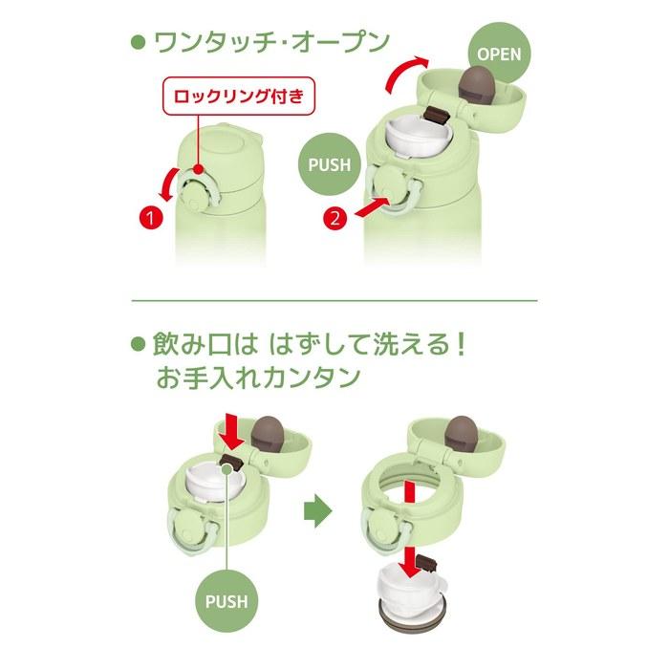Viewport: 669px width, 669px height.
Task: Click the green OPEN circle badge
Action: coord(500,54)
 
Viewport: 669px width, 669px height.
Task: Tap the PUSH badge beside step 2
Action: coord(329,164)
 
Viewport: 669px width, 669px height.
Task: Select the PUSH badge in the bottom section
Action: coord(227,601)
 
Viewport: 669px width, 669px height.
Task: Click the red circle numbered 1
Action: coord(151,219)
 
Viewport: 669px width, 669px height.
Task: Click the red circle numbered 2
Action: coord(335,219)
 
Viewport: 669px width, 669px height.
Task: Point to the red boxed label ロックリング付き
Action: coord(239,96)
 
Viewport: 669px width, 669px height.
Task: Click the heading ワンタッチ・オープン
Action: coord(271,42)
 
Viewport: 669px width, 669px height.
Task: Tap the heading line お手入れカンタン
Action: coord(258,378)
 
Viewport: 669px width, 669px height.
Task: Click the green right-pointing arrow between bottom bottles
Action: coord(318,510)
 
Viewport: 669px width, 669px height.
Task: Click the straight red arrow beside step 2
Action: coord(372,207)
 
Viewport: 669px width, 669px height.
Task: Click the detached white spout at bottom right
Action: coord(410,591)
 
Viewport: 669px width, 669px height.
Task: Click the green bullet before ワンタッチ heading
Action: coord(139,42)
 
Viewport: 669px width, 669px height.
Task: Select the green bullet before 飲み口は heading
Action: coord(139,344)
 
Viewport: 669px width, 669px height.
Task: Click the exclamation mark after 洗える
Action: coord(460,344)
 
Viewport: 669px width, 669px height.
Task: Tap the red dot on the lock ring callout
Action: coord(198,169)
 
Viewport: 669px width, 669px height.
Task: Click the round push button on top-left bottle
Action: coord(194,195)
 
